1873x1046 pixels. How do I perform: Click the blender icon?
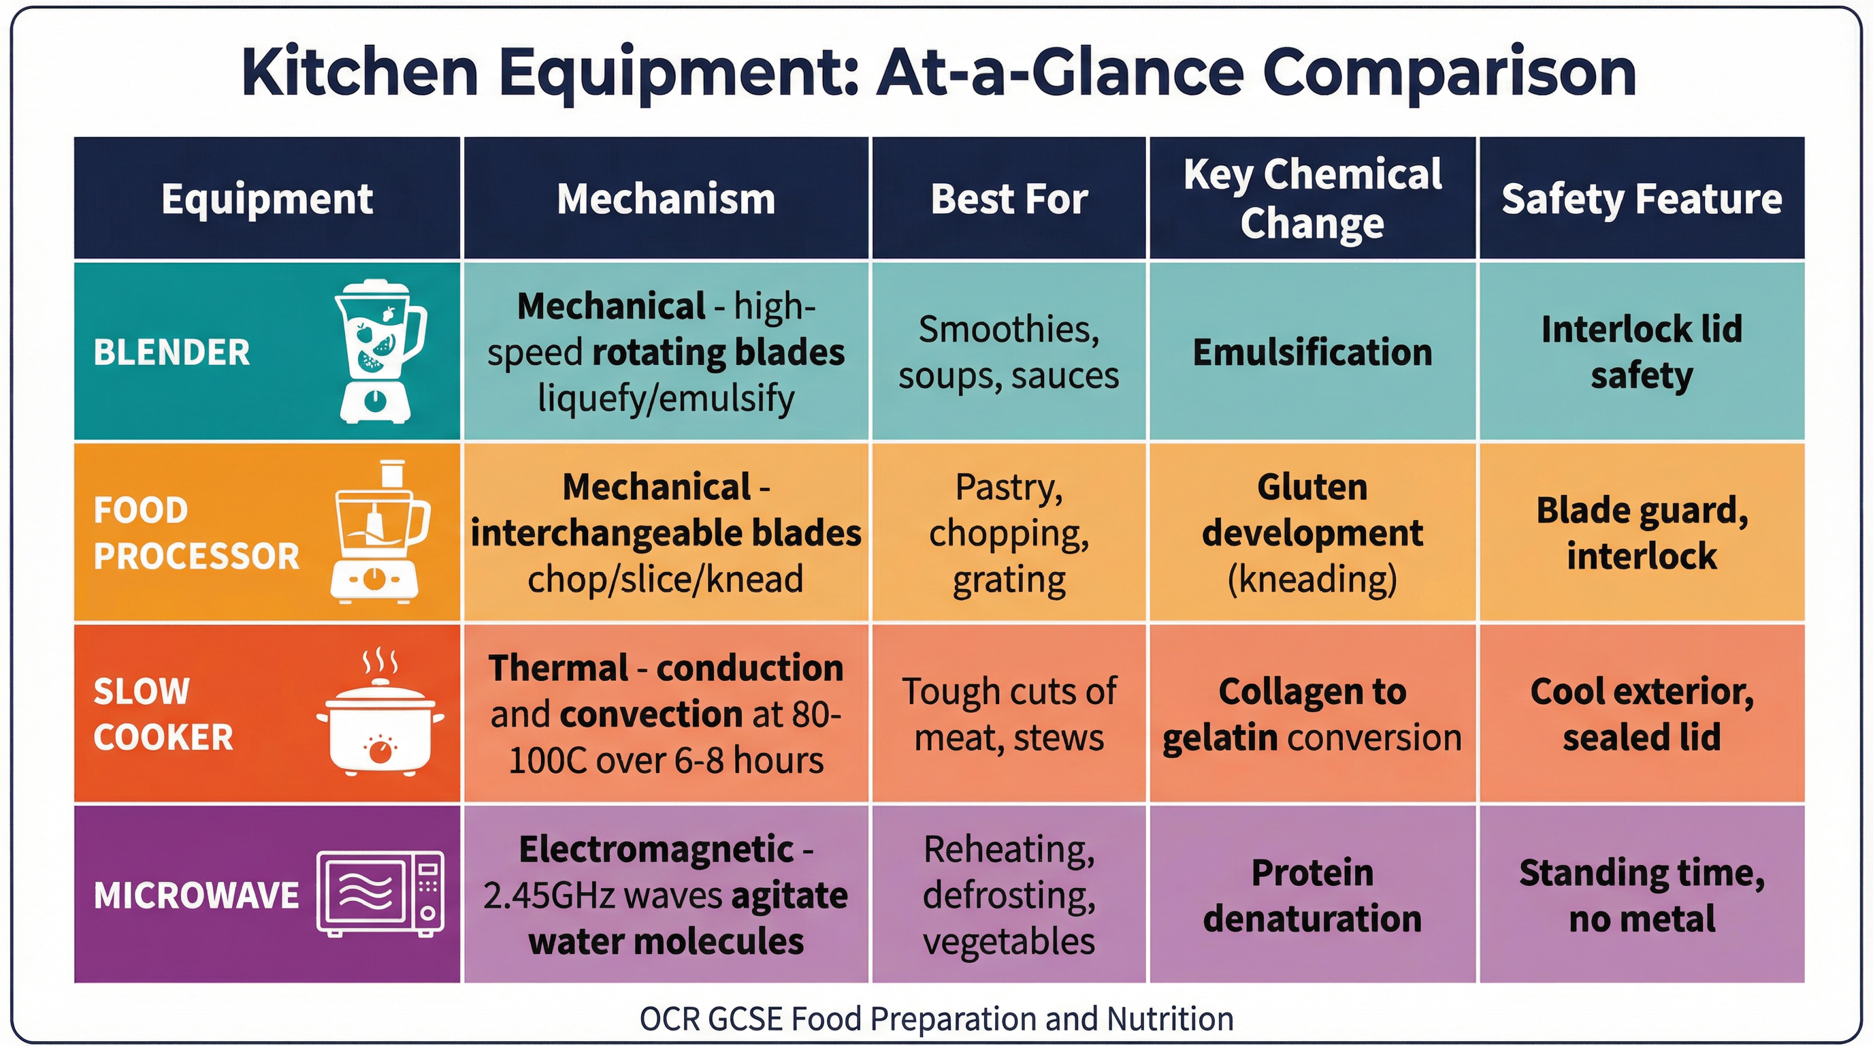point(380,351)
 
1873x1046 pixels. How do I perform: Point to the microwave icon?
point(380,894)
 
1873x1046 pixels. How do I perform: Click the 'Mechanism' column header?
point(666,199)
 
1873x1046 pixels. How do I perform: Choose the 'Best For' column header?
point(1009,199)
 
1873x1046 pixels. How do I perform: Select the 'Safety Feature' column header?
point(1642,199)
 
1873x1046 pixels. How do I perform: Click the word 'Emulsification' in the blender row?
point(1312,352)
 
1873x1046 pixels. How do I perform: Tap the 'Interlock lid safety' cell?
point(1642,352)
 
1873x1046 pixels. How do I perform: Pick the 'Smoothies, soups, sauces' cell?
point(1009,352)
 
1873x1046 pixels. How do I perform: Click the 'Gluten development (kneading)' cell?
point(1312,533)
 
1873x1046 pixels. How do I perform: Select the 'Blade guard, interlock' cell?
point(1642,533)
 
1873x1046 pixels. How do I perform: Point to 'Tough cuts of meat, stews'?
point(1009,714)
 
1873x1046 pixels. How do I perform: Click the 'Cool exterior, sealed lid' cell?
point(1642,714)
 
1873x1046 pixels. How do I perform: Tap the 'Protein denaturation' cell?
point(1312,895)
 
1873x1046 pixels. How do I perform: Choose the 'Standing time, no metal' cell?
point(1642,895)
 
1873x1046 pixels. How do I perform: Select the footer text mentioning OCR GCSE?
point(936,1018)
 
